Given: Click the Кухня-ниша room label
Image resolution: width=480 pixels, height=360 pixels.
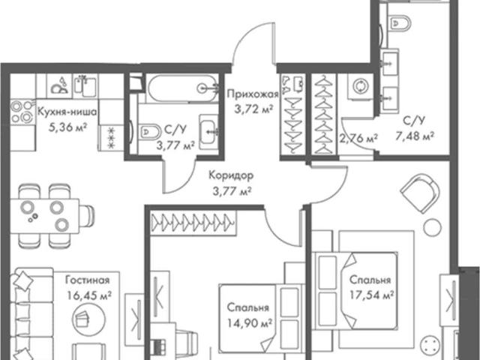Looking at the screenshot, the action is coord(67,112).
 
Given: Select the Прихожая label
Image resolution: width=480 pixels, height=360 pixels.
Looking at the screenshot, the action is coord(253,94).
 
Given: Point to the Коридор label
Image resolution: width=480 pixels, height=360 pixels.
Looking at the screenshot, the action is coord(231,175).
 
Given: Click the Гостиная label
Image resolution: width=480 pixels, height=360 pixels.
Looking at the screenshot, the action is coord(88,280).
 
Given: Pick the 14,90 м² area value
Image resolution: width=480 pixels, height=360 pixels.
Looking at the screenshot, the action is coord(250,322).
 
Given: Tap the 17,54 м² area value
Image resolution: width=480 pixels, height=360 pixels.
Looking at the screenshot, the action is coord(372,295).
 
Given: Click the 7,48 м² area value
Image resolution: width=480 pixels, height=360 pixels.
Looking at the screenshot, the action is coord(415,136).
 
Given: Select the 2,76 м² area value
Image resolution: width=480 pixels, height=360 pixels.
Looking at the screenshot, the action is coord(358,138).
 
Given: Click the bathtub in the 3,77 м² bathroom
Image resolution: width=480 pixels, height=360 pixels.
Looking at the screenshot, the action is coord(183,88).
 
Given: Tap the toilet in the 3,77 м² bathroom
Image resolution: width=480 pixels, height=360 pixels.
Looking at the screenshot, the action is coord(150,132).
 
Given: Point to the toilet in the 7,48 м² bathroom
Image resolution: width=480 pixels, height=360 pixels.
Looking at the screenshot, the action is coord(399,23).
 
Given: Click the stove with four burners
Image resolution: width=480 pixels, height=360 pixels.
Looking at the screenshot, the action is coord(22,112).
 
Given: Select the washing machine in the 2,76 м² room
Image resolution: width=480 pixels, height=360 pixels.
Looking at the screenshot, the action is coord(360,86).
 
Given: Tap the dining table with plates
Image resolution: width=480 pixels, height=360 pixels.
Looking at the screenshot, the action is coord(45,215).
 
